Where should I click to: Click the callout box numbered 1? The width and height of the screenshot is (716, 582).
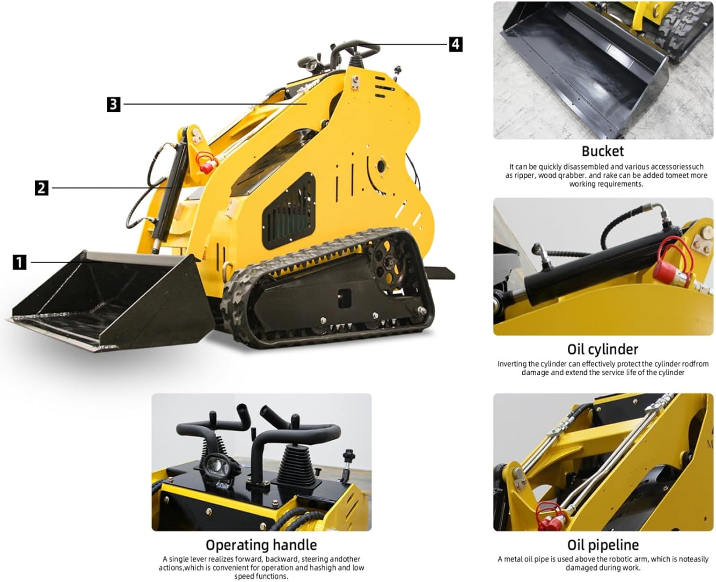[19, 262]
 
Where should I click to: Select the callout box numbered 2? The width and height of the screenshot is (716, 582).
[42, 187]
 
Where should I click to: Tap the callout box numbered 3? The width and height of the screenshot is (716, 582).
[113, 104]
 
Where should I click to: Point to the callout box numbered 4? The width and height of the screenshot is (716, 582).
[455, 44]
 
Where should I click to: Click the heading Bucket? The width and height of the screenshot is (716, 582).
[602, 151]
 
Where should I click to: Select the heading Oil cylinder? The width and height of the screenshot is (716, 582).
[602, 349]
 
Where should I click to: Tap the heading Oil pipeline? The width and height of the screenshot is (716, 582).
[602, 545]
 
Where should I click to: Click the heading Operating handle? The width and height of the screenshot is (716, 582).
[261, 545]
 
